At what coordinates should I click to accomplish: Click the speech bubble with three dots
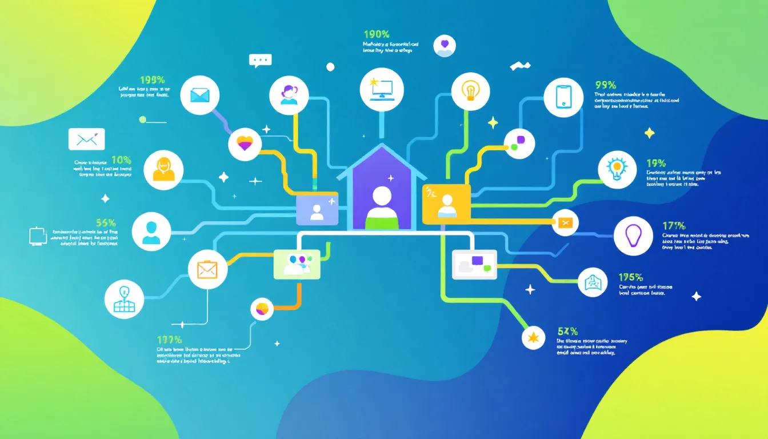(x=260, y=61)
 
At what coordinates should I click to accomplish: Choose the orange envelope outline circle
(x=204, y=269)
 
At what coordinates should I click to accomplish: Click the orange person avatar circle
(x=164, y=170)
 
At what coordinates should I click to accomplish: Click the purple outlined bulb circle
(x=633, y=236)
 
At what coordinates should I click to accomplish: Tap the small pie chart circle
(x=262, y=309)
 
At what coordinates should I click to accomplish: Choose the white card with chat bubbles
(x=474, y=264)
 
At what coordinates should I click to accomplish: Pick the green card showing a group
(x=297, y=264)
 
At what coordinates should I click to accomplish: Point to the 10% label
(x=121, y=160)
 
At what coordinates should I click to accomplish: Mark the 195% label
(x=631, y=277)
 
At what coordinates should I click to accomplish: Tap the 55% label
(x=106, y=223)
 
